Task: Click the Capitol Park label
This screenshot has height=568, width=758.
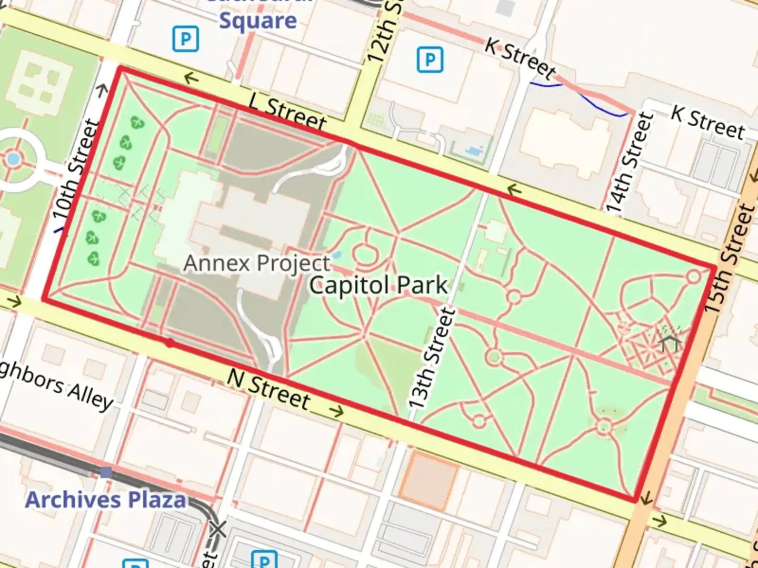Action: pos(378,286)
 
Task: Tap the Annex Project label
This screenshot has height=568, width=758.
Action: pos(256,263)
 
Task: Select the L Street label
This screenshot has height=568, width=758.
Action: pos(287,111)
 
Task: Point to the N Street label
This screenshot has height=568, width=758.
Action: pos(268,390)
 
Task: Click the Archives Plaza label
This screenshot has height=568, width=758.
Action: pos(106,500)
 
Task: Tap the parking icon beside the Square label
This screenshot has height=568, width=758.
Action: pos(185,39)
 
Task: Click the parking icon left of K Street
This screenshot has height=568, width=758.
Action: pos(430,59)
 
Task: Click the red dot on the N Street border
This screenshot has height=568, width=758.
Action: pos(169,343)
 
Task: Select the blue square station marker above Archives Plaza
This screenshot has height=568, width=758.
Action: pos(106,472)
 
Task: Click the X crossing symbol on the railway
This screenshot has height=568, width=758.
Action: pos(217,530)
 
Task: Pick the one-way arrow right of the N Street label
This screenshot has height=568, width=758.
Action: pos(335,410)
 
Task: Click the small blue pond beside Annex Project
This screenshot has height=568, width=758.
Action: pos(337,255)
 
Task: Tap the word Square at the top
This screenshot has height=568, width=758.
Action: pos(258,21)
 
